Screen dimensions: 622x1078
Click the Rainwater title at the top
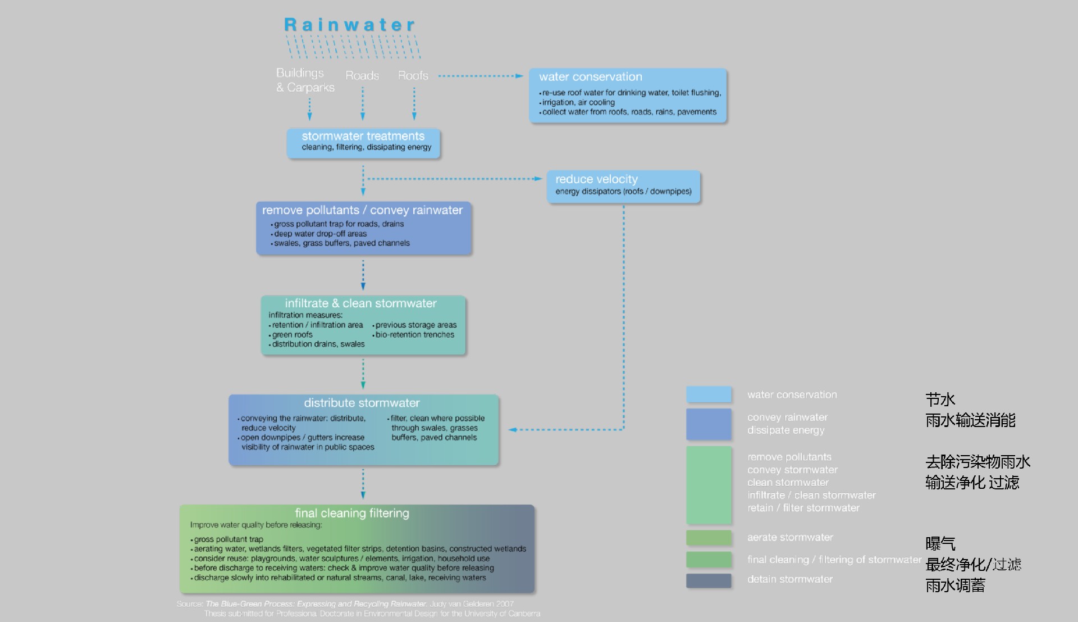tap(349, 25)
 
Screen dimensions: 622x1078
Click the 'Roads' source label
tap(362, 75)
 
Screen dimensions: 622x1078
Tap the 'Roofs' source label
tap(413, 75)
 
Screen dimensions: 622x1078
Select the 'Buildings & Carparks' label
tap(305, 80)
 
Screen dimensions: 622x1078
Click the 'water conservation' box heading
tap(590, 77)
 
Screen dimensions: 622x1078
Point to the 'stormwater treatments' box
tap(363, 143)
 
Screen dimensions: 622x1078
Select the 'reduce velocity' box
tap(623, 186)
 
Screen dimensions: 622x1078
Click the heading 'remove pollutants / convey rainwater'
tap(362, 210)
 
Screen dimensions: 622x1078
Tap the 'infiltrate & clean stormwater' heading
tap(360, 303)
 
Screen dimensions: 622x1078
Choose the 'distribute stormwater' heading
tap(362, 403)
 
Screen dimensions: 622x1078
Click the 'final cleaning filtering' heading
tap(352, 513)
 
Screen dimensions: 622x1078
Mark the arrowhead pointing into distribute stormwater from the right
tap(513, 430)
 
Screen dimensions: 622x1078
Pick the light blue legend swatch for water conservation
tap(709, 394)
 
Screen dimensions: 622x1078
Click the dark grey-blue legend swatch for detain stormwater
tap(709, 580)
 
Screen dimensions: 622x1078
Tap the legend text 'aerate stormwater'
tap(790, 538)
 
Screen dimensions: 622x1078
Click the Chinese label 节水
tap(940, 399)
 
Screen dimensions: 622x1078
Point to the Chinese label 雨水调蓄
tap(955, 585)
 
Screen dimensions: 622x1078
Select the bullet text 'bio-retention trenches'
tap(414, 335)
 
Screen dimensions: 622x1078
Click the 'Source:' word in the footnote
tap(190, 604)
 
